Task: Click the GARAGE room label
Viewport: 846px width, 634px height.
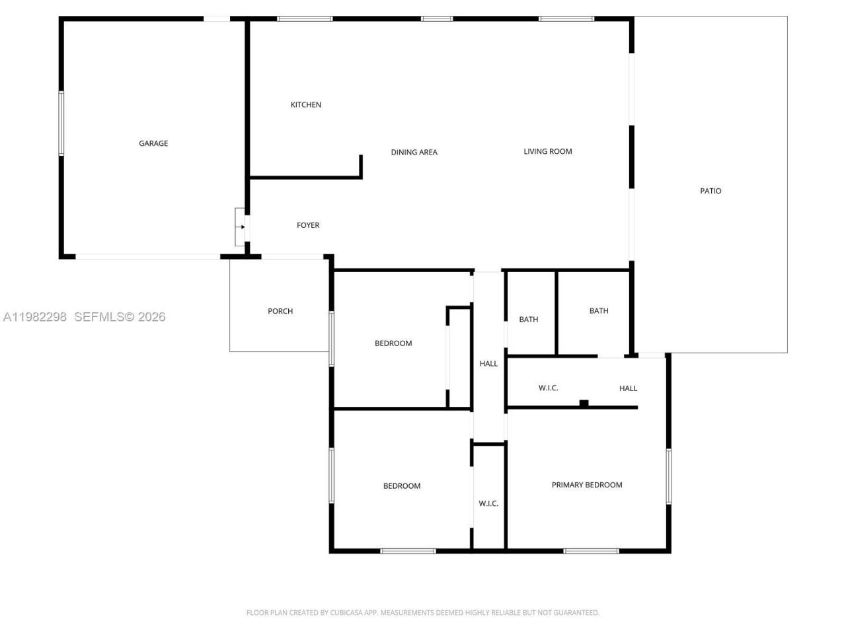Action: point(153,143)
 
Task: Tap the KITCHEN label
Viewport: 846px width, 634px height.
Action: point(306,105)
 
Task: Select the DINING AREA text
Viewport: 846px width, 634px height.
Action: point(414,153)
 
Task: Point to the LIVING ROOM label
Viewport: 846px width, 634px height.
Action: point(547,151)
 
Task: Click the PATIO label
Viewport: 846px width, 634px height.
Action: point(711,191)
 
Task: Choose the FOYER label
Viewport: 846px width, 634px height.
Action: point(308,225)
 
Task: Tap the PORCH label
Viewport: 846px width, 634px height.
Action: point(280,311)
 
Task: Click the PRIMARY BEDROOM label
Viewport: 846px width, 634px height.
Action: point(587,485)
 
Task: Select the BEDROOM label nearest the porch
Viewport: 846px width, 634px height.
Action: point(393,343)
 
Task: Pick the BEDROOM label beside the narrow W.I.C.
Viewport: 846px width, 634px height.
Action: point(402,486)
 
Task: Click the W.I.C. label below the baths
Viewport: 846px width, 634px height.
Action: point(548,388)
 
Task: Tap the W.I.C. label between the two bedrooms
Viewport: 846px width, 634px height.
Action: point(488,504)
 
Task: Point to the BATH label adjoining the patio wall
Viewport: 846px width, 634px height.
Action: point(599,311)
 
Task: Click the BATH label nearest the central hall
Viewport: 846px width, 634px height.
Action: point(528,320)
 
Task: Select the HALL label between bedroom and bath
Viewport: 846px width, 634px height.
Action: point(488,364)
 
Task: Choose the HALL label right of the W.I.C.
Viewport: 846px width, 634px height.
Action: point(628,388)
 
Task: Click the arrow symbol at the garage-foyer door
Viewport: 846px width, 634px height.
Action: point(243,227)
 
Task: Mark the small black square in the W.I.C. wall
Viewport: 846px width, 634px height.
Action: point(584,403)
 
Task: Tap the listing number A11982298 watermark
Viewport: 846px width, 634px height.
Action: point(35,317)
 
